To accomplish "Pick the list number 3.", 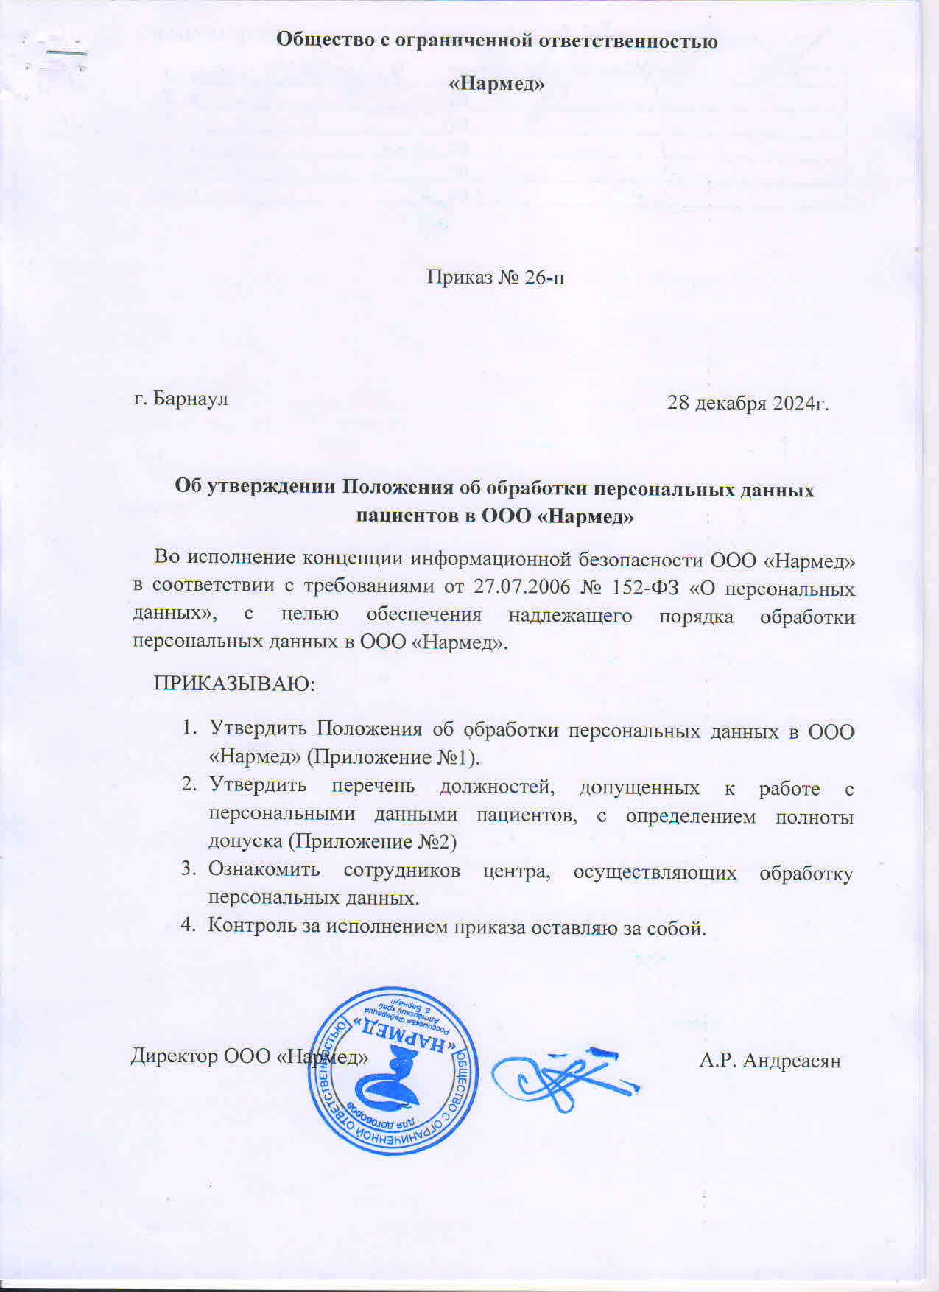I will (188, 869).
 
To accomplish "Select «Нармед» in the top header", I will (497, 84).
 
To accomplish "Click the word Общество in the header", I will (325, 40).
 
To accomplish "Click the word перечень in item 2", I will (373, 786).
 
